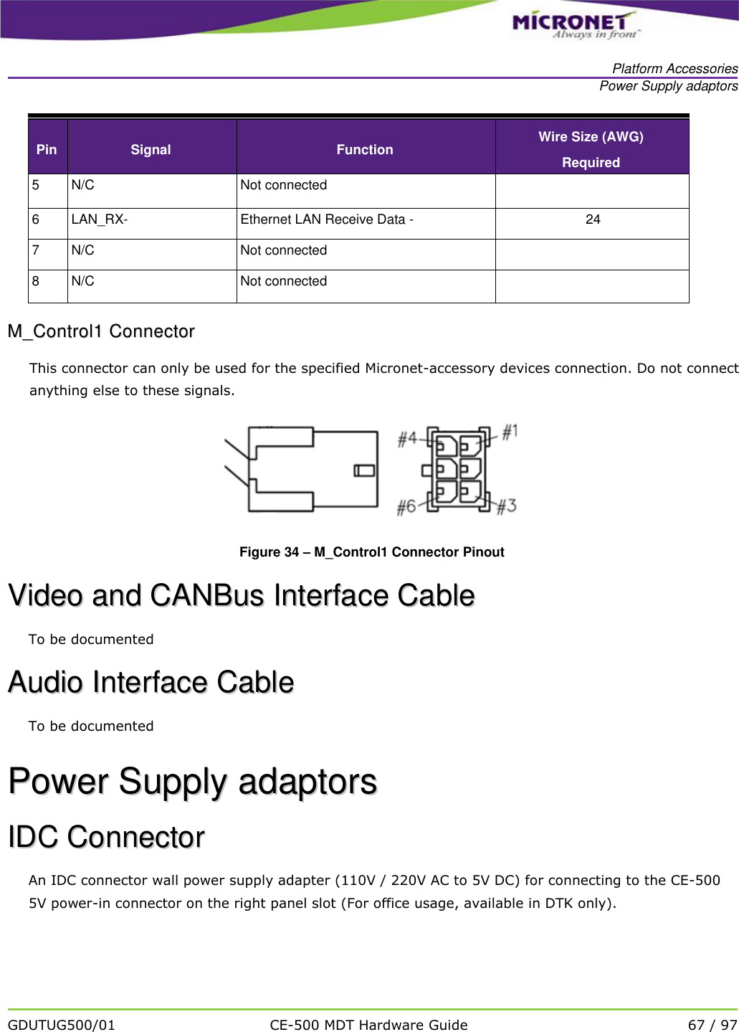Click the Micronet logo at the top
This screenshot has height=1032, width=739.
click(573, 24)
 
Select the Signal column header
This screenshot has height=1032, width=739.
click(151, 149)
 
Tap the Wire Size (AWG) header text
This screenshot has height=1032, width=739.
click(591, 137)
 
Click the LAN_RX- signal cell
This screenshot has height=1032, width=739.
click(100, 219)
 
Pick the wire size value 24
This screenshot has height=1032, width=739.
click(593, 219)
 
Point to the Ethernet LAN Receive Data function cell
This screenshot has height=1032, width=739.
click(327, 219)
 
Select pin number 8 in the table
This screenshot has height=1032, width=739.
click(36, 281)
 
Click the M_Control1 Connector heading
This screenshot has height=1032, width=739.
click(101, 331)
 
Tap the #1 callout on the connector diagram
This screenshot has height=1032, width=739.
click(510, 432)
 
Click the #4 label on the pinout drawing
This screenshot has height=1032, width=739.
click(407, 438)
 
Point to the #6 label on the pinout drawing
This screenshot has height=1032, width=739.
click(406, 507)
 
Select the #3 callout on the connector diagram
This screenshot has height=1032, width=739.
click(506, 506)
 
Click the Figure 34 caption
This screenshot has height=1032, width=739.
click(371, 551)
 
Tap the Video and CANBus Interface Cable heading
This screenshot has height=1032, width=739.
click(242, 595)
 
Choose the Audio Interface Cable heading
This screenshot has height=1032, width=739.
click(151, 682)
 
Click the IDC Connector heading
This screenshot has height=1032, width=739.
click(106, 837)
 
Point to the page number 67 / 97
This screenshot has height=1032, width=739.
click(712, 1025)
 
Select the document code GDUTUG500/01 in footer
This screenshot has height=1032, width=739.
click(62, 1025)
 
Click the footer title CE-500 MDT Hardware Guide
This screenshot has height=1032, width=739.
click(368, 1025)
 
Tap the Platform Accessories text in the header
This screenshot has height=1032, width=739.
click(674, 69)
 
